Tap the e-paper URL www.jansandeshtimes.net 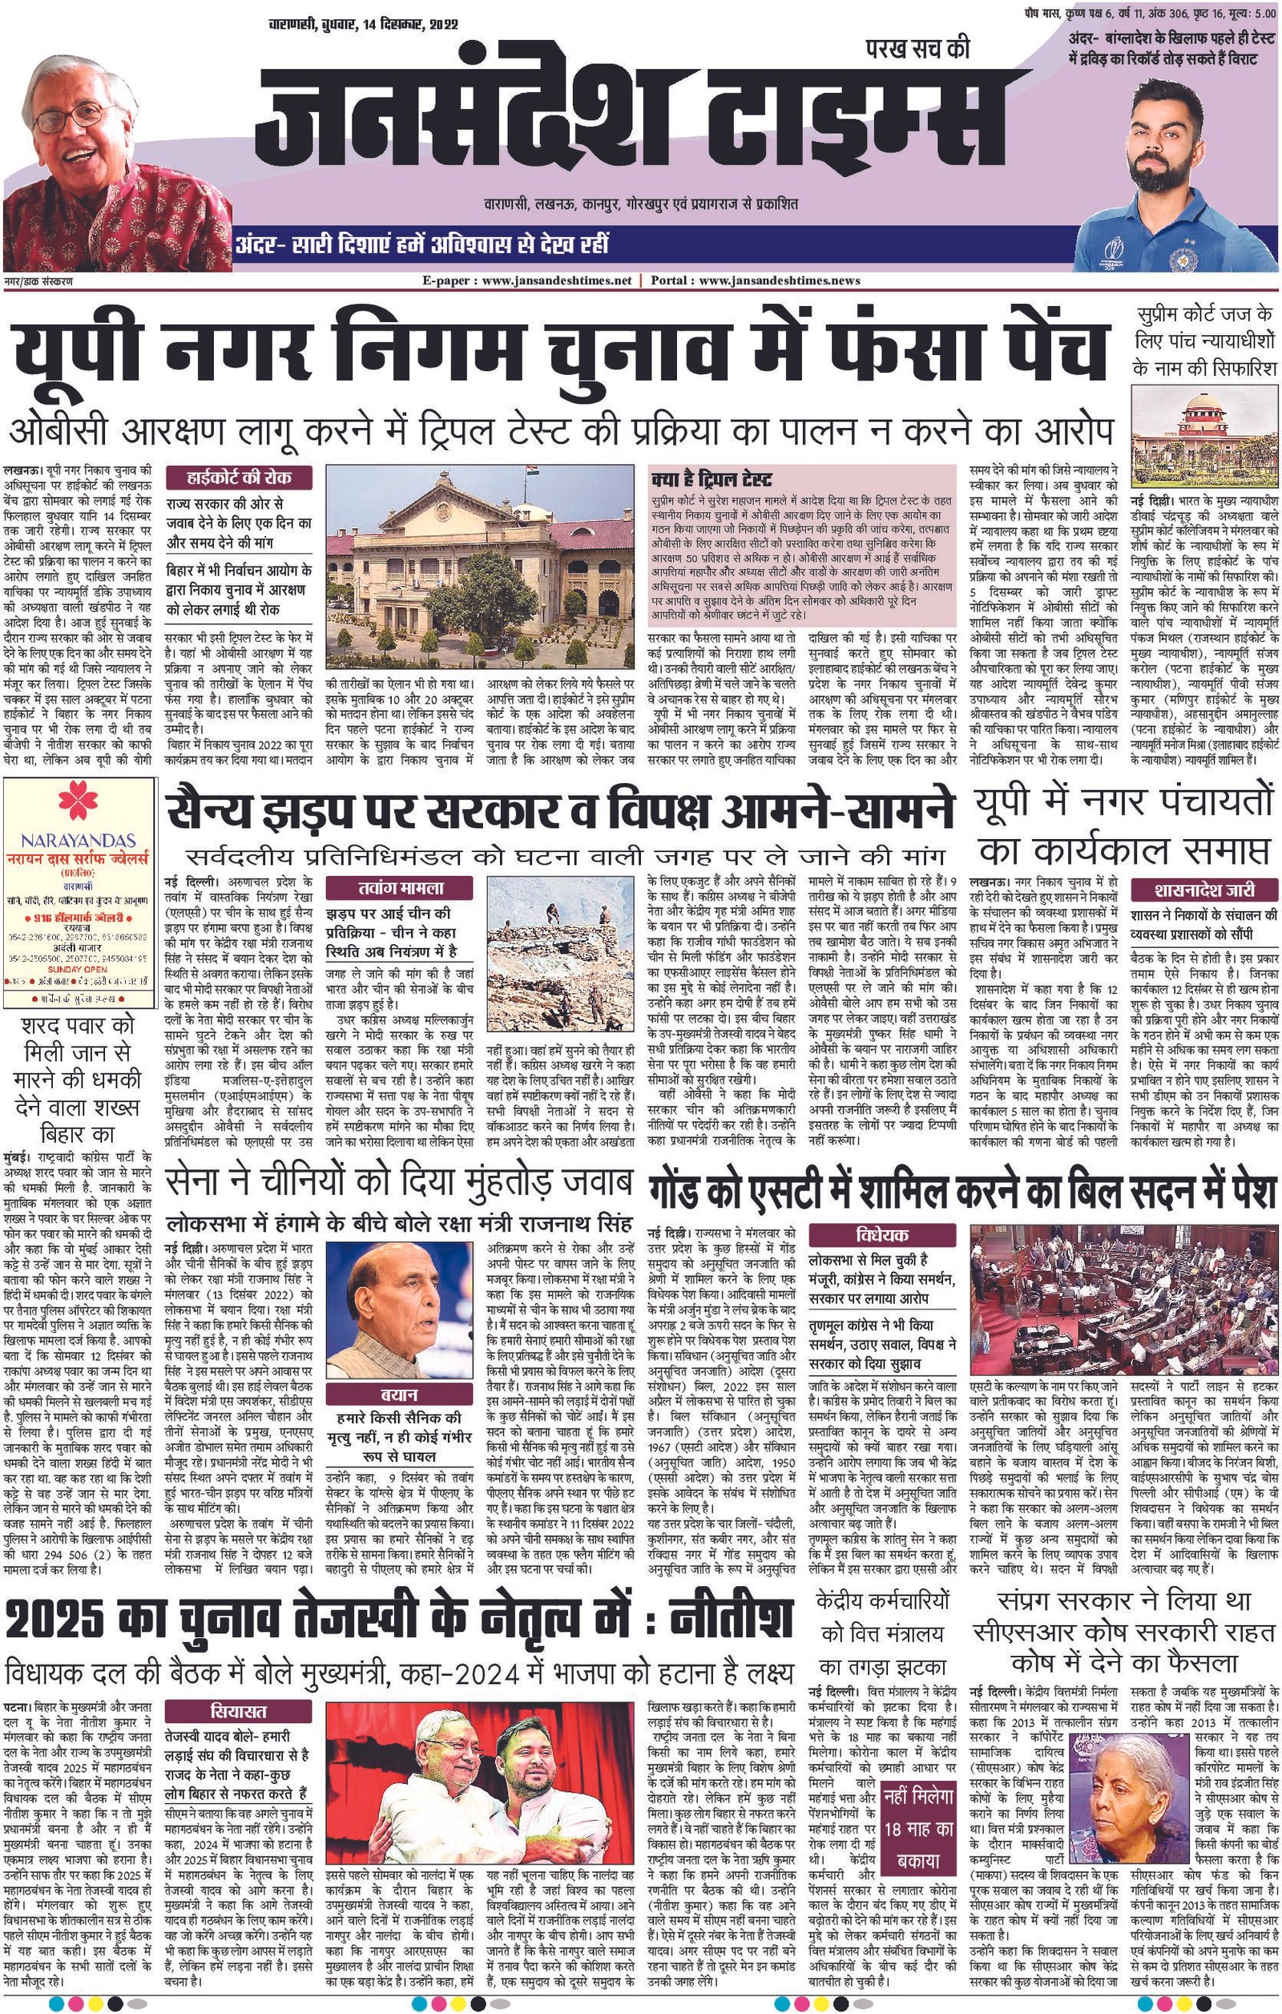coord(568,281)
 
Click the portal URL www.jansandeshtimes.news coord(779,281)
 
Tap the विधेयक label coord(881,1234)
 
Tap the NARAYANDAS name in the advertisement coord(79,838)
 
